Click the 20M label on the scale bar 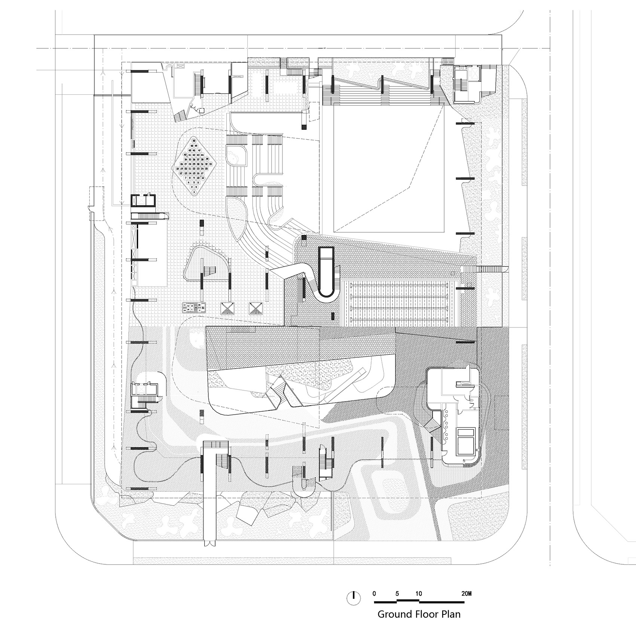[x=467, y=593]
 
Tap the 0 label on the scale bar [x=374, y=593]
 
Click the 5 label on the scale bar [x=397, y=593]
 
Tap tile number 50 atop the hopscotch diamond [x=194, y=140]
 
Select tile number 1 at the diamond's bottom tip [x=194, y=192]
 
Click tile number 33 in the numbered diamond [x=211, y=164]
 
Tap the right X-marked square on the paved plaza [x=256, y=308]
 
